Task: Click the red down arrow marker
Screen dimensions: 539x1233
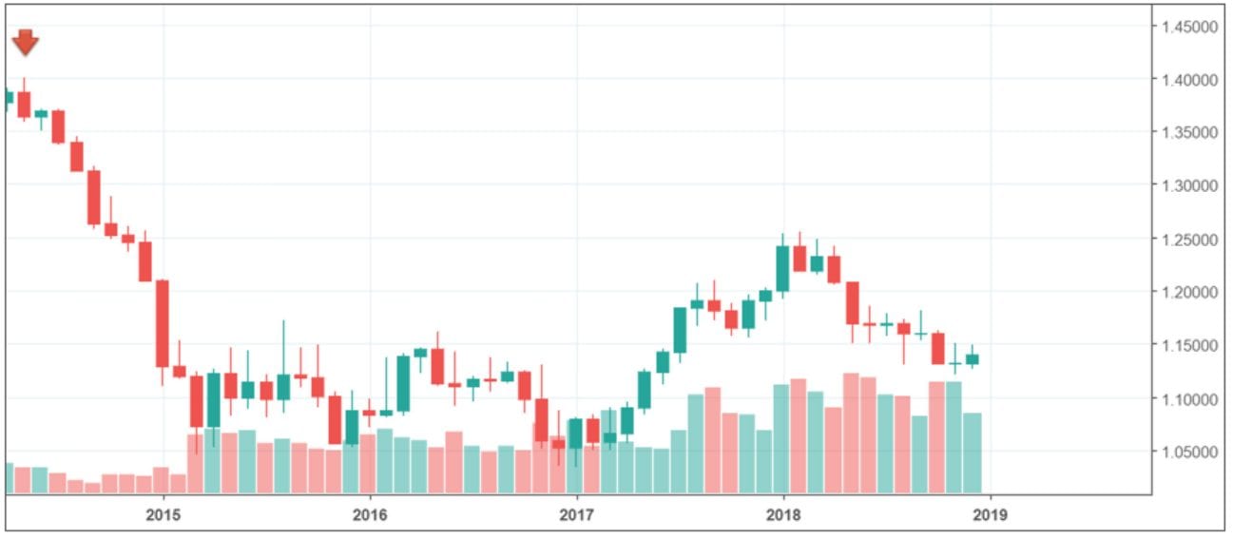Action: [x=26, y=43]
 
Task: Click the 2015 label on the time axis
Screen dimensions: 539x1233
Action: [x=163, y=514]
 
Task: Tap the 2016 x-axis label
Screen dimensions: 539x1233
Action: [x=369, y=514]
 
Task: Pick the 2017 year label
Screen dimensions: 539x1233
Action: [x=576, y=514]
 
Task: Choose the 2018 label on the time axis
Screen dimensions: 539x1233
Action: [x=783, y=514]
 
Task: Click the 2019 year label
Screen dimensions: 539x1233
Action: [x=990, y=514]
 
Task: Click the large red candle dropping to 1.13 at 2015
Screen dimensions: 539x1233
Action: [x=163, y=323]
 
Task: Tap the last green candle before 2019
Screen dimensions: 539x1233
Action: [x=973, y=359]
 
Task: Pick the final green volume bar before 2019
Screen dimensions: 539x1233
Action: [x=973, y=452]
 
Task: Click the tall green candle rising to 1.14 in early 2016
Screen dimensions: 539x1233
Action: [x=403, y=383]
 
